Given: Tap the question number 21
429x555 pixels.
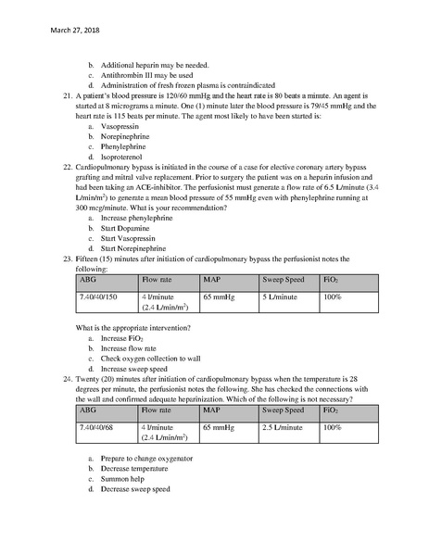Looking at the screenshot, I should (x=67, y=95).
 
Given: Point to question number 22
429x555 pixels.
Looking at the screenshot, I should (x=67, y=165).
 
